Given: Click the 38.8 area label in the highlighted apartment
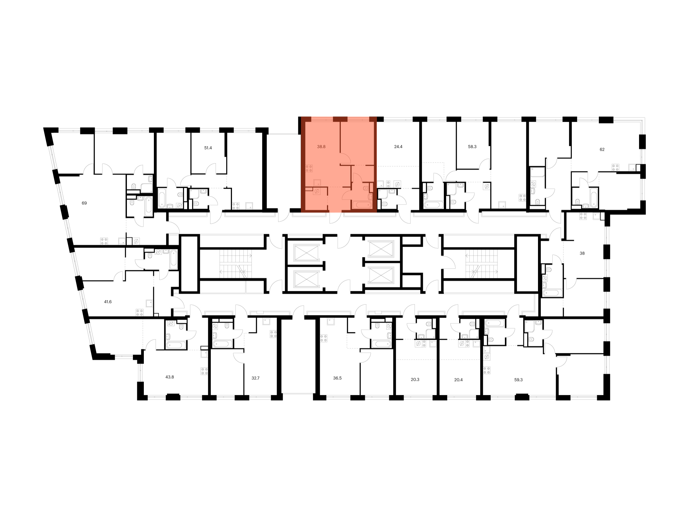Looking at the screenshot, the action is (x=321, y=146).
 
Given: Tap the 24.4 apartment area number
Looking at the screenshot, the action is (x=398, y=146).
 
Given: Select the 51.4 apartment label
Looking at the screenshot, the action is (x=208, y=148).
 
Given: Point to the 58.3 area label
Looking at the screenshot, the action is (x=472, y=146).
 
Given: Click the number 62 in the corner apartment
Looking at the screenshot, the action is (x=602, y=150).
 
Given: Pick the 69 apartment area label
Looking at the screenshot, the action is (x=84, y=203).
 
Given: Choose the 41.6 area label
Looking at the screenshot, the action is (x=107, y=302).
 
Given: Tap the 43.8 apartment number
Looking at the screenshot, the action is (x=169, y=377).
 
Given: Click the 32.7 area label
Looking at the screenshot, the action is (x=256, y=378).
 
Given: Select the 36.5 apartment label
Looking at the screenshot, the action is (x=337, y=378).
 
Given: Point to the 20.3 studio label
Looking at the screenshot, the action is (x=415, y=380).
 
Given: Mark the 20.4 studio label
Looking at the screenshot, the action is (x=458, y=380).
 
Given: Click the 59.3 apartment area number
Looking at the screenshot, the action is (x=518, y=380).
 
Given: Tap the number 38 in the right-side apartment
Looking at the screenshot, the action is (x=582, y=253).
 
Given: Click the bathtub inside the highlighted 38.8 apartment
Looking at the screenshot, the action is (x=361, y=205).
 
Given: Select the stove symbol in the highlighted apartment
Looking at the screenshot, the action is (x=309, y=168).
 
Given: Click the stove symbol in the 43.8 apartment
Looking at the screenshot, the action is (x=204, y=371).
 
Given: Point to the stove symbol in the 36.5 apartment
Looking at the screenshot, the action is (x=323, y=338).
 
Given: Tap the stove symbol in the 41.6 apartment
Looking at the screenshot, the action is (x=140, y=312).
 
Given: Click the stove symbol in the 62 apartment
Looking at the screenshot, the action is (x=616, y=167).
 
